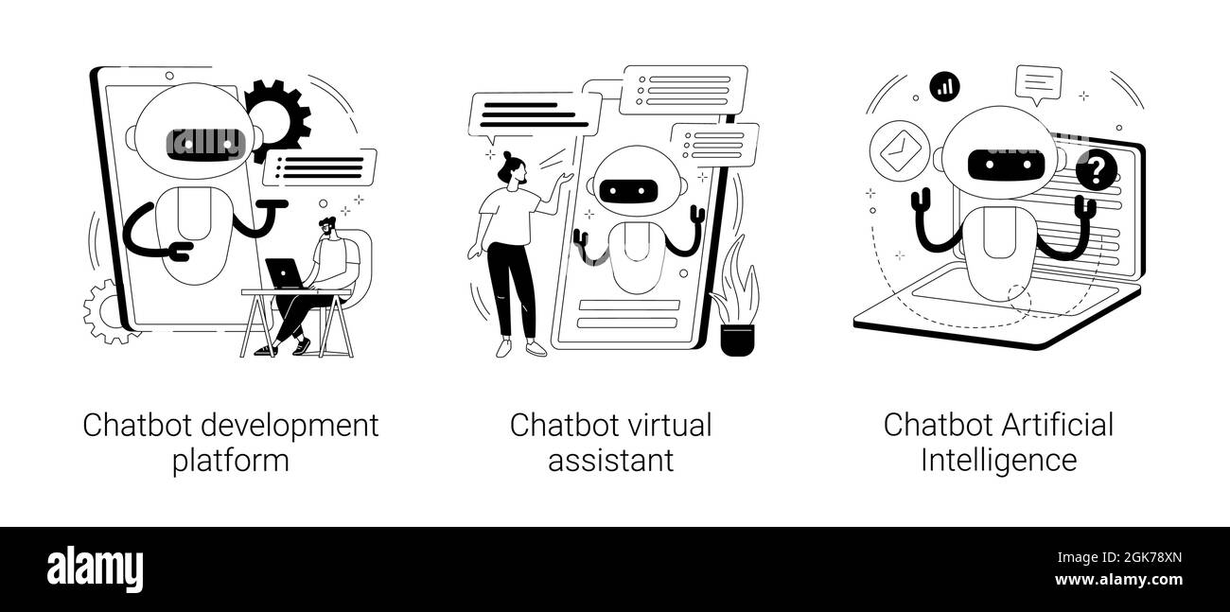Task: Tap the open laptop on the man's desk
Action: pyautogui.click(x=285, y=273)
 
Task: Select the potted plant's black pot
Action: pyautogui.click(x=737, y=341)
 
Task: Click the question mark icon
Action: pyautogui.click(x=1096, y=170)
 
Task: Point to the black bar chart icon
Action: pyautogui.click(x=944, y=87)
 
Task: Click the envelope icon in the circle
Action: pyautogui.click(x=900, y=151)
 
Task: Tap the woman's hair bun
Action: pyautogui.click(x=507, y=156)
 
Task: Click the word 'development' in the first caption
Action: pyautogui.click(x=290, y=427)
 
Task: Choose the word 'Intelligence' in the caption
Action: pyautogui.click(x=999, y=461)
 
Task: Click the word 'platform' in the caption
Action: pyautogui.click(x=231, y=461)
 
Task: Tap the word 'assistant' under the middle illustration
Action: pyautogui.click(x=610, y=461)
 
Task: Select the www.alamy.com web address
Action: pyautogui.click(x=1118, y=580)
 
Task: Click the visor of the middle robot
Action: pyautogui.click(x=627, y=191)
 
